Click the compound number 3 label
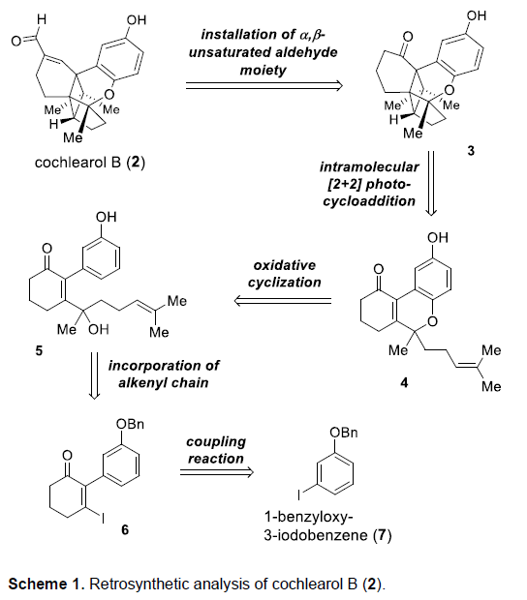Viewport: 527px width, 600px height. (471, 150)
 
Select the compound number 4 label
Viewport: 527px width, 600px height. (404, 382)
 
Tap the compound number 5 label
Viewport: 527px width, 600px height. (39, 350)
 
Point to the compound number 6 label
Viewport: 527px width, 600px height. (125, 529)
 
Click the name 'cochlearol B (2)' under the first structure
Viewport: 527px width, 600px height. (90, 163)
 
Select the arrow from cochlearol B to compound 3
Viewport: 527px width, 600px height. (263, 86)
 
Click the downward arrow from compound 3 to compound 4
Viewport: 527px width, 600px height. (431, 183)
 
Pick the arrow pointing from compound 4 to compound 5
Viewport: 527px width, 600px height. (283, 301)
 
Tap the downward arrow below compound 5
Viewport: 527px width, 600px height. (94, 376)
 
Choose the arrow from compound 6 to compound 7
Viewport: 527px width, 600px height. (217, 472)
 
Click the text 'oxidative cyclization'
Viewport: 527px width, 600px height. (284, 274)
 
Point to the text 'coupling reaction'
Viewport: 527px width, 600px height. (216, 450)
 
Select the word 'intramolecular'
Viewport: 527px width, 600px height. (369, 167)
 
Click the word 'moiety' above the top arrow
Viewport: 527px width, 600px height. (263, 71)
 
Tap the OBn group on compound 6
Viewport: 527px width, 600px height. (130, 424)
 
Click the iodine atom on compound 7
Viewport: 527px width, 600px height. (299, 495)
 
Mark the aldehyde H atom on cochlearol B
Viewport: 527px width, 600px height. (42, 19)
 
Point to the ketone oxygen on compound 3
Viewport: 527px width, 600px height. (408, 37)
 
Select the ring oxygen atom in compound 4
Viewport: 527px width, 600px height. (432, 321)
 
